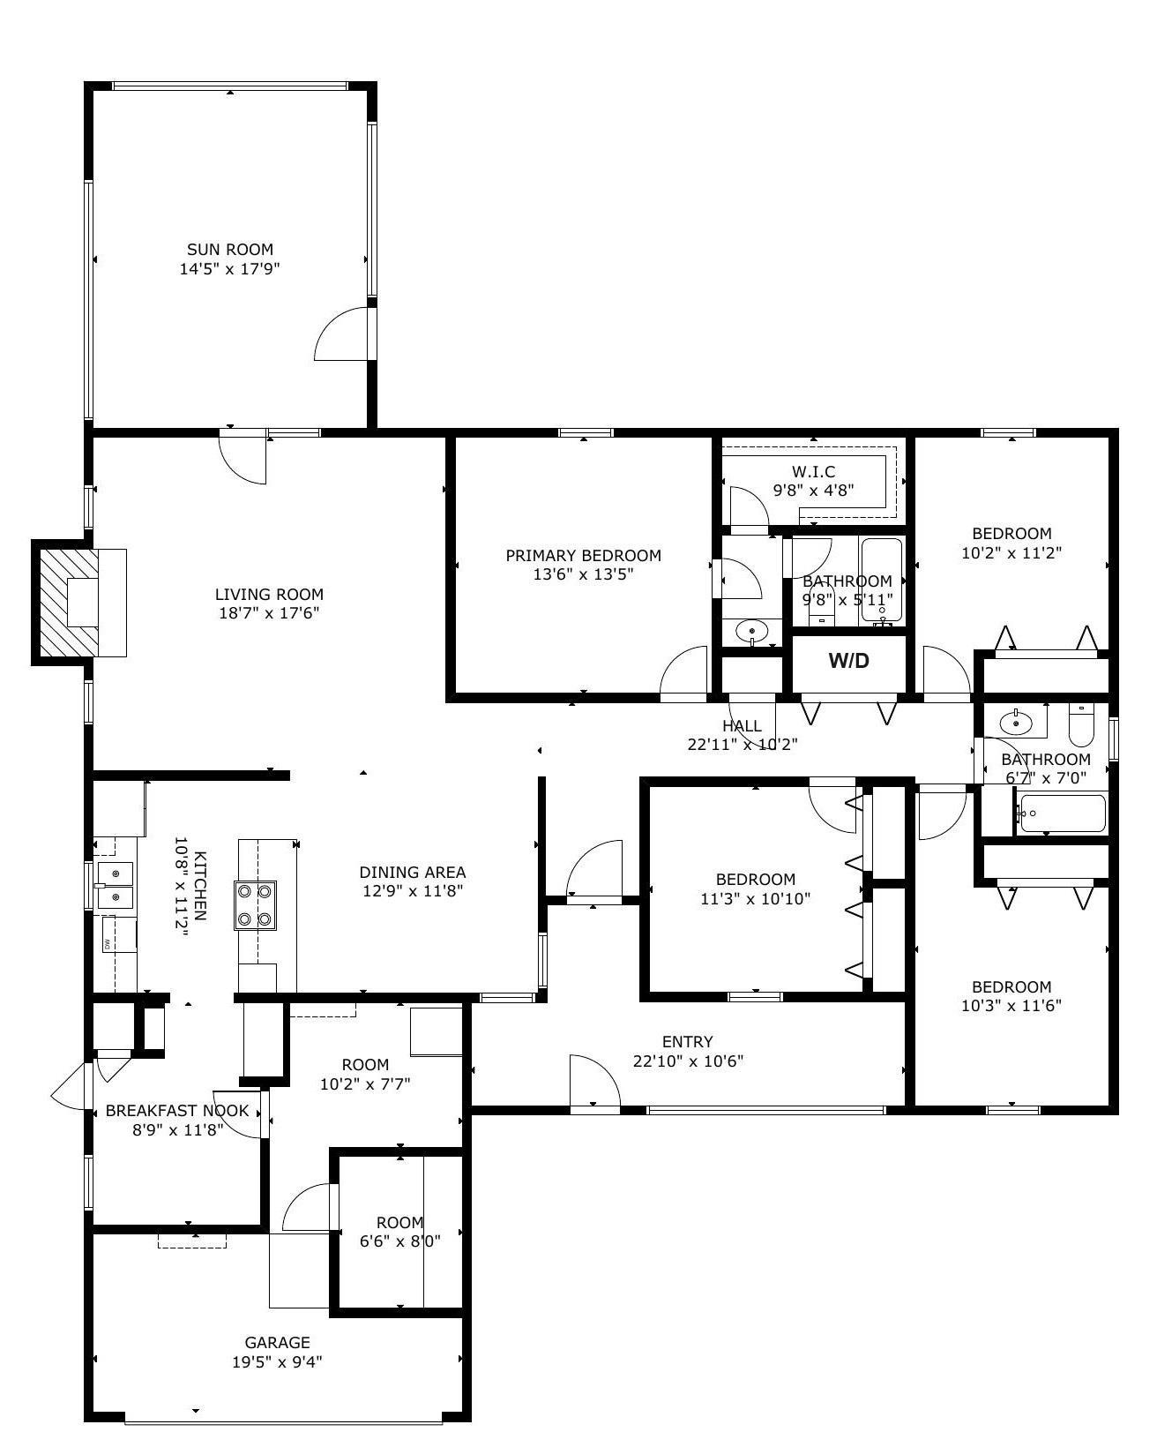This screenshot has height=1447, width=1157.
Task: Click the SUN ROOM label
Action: tap(230, 250)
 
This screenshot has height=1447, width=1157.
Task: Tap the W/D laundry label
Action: tap(848, 661)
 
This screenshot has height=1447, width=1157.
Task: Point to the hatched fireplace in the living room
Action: tap(70, 603)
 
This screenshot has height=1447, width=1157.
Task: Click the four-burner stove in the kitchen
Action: tap(255, 905)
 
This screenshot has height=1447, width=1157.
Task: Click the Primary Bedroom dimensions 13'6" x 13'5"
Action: tap(583, 574)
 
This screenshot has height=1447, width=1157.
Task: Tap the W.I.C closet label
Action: tap(813, 471)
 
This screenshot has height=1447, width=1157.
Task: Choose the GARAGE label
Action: tap(277, 1343)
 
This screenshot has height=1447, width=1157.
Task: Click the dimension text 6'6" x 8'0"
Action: tap(400, 1241)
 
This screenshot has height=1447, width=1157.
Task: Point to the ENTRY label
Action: tap(687, 1041)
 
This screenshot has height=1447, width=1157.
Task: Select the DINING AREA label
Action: tap(412, 872)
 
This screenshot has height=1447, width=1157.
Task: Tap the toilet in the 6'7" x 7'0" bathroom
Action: tap(1081, 724)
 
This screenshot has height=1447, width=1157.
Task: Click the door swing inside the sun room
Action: tap(341, 334)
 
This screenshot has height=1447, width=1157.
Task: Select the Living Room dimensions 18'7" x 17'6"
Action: tap(269, 612)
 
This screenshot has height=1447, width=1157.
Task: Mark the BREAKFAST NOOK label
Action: tap(177, 1110)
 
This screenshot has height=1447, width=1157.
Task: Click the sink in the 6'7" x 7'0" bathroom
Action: tap(1015, 723)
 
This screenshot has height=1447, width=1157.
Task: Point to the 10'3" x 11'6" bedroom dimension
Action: tap(1011, 1005)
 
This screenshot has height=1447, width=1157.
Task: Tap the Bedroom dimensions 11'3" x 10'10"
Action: tap(755, 898)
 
